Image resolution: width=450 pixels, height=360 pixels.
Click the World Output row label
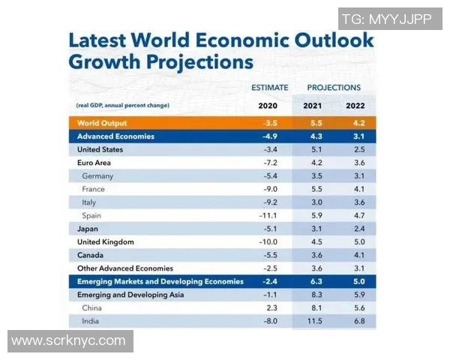(102, 123)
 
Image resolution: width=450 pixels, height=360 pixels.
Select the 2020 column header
(268, 106)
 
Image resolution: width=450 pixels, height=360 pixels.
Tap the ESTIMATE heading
(269, 88)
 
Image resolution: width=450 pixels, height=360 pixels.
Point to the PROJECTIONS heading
(334, 88)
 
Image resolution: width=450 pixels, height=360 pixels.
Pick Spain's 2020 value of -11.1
(267, 216)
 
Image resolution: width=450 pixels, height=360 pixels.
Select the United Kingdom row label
(106, 242)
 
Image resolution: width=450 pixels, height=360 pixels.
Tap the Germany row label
(97, 176)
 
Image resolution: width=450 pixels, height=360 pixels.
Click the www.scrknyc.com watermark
(69, 340)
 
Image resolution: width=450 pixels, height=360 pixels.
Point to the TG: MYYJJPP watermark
(387, 19)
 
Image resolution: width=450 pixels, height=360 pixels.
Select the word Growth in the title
(104, 60)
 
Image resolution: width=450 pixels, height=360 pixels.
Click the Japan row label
(88, 229)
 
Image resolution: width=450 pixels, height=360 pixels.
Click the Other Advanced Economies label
(125, 268)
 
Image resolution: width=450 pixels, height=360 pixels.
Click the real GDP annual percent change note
(123, 106)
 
